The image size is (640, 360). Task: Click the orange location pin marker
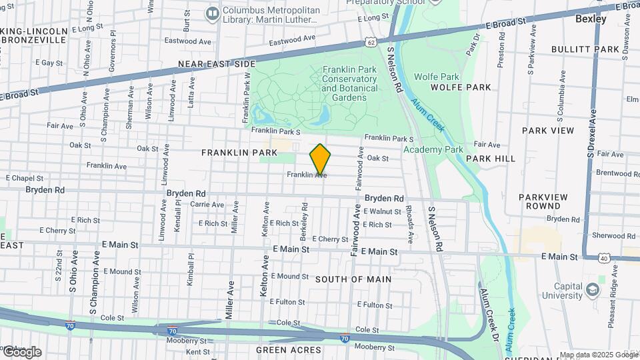point(320,159)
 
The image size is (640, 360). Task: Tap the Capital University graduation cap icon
point(592,289)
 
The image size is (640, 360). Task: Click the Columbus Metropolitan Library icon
point(213,13)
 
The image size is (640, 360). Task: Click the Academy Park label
point(433,149)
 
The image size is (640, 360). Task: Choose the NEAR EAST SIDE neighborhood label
point(217,64)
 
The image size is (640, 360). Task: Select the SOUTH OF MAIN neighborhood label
point(353,279)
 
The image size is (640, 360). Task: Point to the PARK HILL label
point(491,159)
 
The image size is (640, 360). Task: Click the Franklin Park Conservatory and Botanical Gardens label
point(349,83)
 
